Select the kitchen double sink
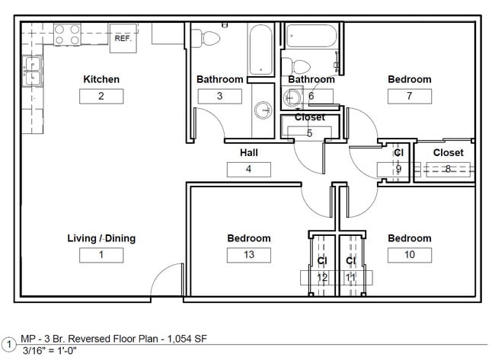click(33, 72)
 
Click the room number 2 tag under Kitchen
click(101, 96)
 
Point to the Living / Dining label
click(101, 238)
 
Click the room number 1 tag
click(101, 255)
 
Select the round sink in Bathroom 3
click(263, 110)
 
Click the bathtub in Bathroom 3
click(260, 49)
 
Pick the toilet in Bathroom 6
click(299, 66)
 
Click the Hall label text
click(249, 152)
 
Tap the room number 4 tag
click(249, 169)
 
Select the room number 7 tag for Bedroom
click(409, 96)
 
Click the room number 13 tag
click(249, 255)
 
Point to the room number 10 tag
click(409, 255)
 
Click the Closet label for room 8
click(448, 152)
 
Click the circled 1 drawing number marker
click(8, 343)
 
